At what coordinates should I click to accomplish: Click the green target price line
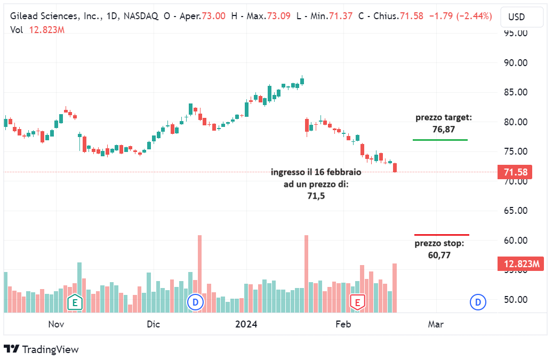pyautogui.click(x=440, y=140)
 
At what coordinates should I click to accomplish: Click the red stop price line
pyautogui.click(x=442, y=235)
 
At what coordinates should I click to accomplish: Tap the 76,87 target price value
pyautogui.click(x=444, y=129)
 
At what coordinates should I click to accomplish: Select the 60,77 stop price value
pyautogui.click(x=439, y=255)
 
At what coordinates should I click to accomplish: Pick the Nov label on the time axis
pyautogui.click(x=56, y=324)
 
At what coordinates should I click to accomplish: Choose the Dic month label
pyautogui.click(x=153, y=324)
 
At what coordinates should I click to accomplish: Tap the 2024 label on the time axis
pyautogui.click(x=246, y=324)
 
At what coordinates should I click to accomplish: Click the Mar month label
pyautogui.click(x=436, y=324)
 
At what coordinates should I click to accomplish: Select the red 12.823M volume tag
pyautogui.click(x=520, y=263)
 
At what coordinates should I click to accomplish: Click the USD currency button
pyautogui.click(x=516, y=17)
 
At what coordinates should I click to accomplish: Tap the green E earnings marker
pyautogui.click(x=75, y=302)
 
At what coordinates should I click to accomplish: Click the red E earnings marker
pyautogui.click(x=357, y=302)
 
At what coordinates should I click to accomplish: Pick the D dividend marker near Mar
pyautogui.click(x=477, y=302)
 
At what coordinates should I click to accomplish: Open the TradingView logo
pyautogui.click(x=42, y=349)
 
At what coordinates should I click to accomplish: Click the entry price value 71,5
pyautogui.click(x=316, y=196)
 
